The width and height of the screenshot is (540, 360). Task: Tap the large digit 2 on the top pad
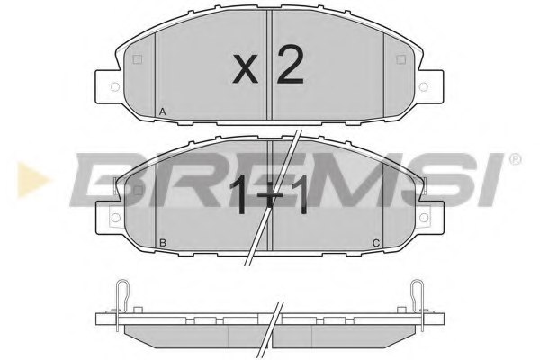[x=289, y=65]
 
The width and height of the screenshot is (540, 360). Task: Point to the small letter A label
[x=161, y=112]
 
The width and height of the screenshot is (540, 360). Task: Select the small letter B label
[x=161, y=243]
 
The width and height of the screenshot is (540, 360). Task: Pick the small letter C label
[x=376, y=243]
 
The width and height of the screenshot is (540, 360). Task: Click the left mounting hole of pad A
[x=113, y=87]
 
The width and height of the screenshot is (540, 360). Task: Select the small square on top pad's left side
[x=136, y=61]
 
